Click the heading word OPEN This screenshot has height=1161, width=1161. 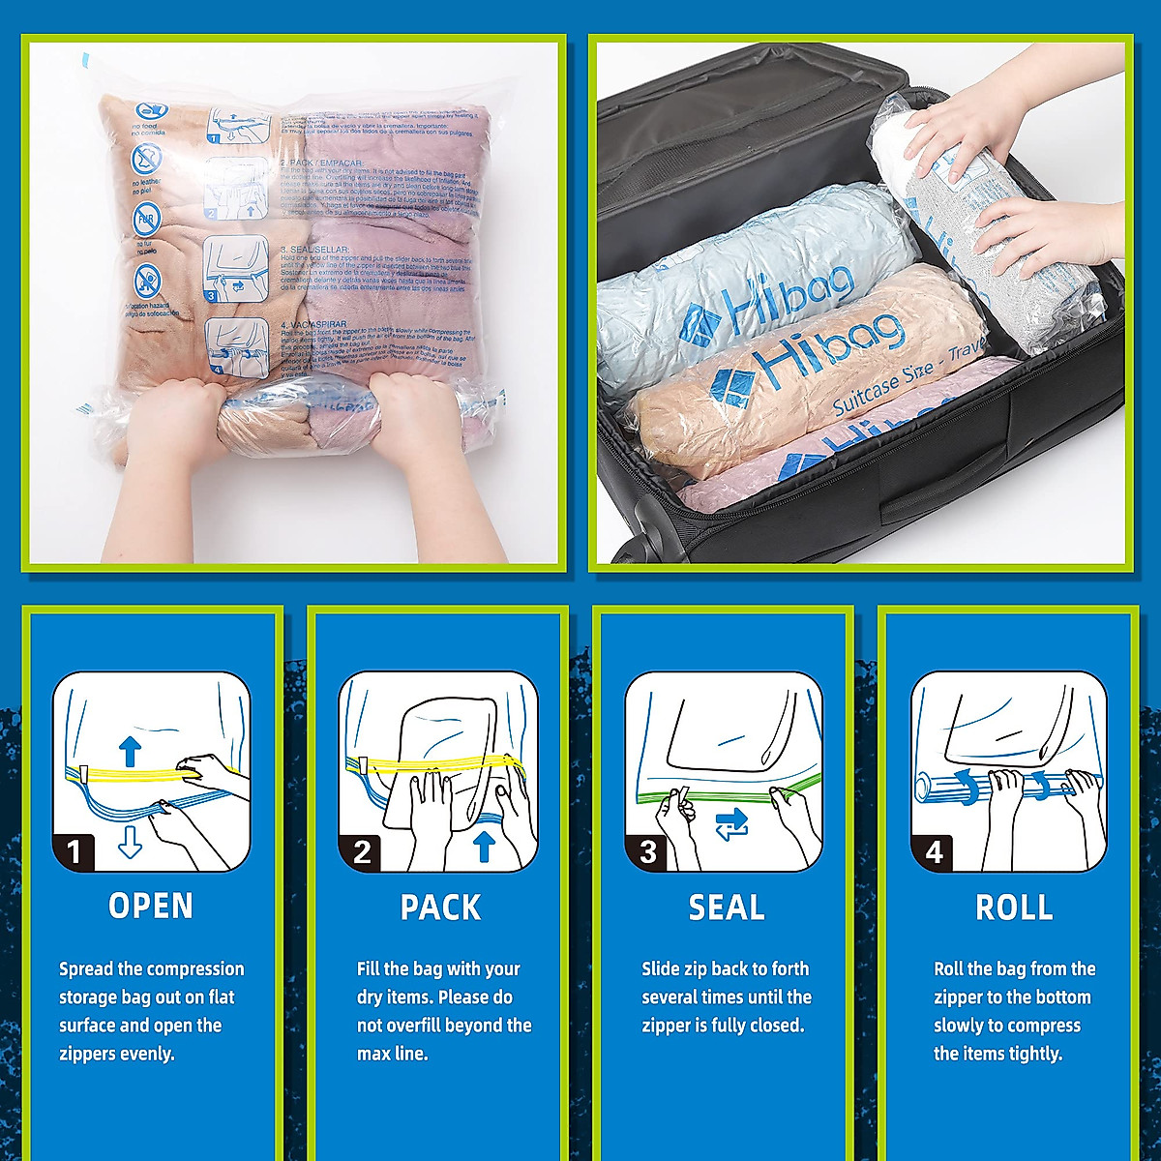point(151,907)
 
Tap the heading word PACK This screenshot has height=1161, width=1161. point(440,908)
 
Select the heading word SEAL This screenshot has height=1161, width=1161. point(727,908)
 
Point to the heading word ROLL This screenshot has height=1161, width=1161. point(1014,908)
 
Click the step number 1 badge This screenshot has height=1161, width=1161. point(74,851)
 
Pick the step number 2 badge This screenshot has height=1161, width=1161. point(362,851)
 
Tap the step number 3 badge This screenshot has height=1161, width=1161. point(648,851)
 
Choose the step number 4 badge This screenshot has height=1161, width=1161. point(935,851)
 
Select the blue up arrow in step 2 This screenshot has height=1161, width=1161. point(485,847)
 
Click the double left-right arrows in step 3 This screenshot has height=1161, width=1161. point(732,824)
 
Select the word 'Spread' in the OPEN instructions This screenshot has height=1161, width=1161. point(86,969)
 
